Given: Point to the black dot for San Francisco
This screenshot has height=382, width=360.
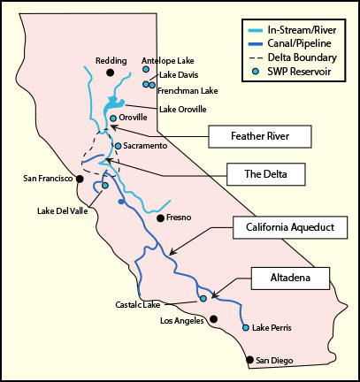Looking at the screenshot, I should click(80, 179).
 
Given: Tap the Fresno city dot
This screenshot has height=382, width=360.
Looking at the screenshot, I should click(159, 218).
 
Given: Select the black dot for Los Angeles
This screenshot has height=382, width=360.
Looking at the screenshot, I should click(213, 320).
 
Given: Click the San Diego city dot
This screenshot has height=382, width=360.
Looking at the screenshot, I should click(249, 360).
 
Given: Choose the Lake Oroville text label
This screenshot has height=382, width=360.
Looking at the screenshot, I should click(182, 109).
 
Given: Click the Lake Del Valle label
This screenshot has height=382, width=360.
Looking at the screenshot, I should click(61, 210).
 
